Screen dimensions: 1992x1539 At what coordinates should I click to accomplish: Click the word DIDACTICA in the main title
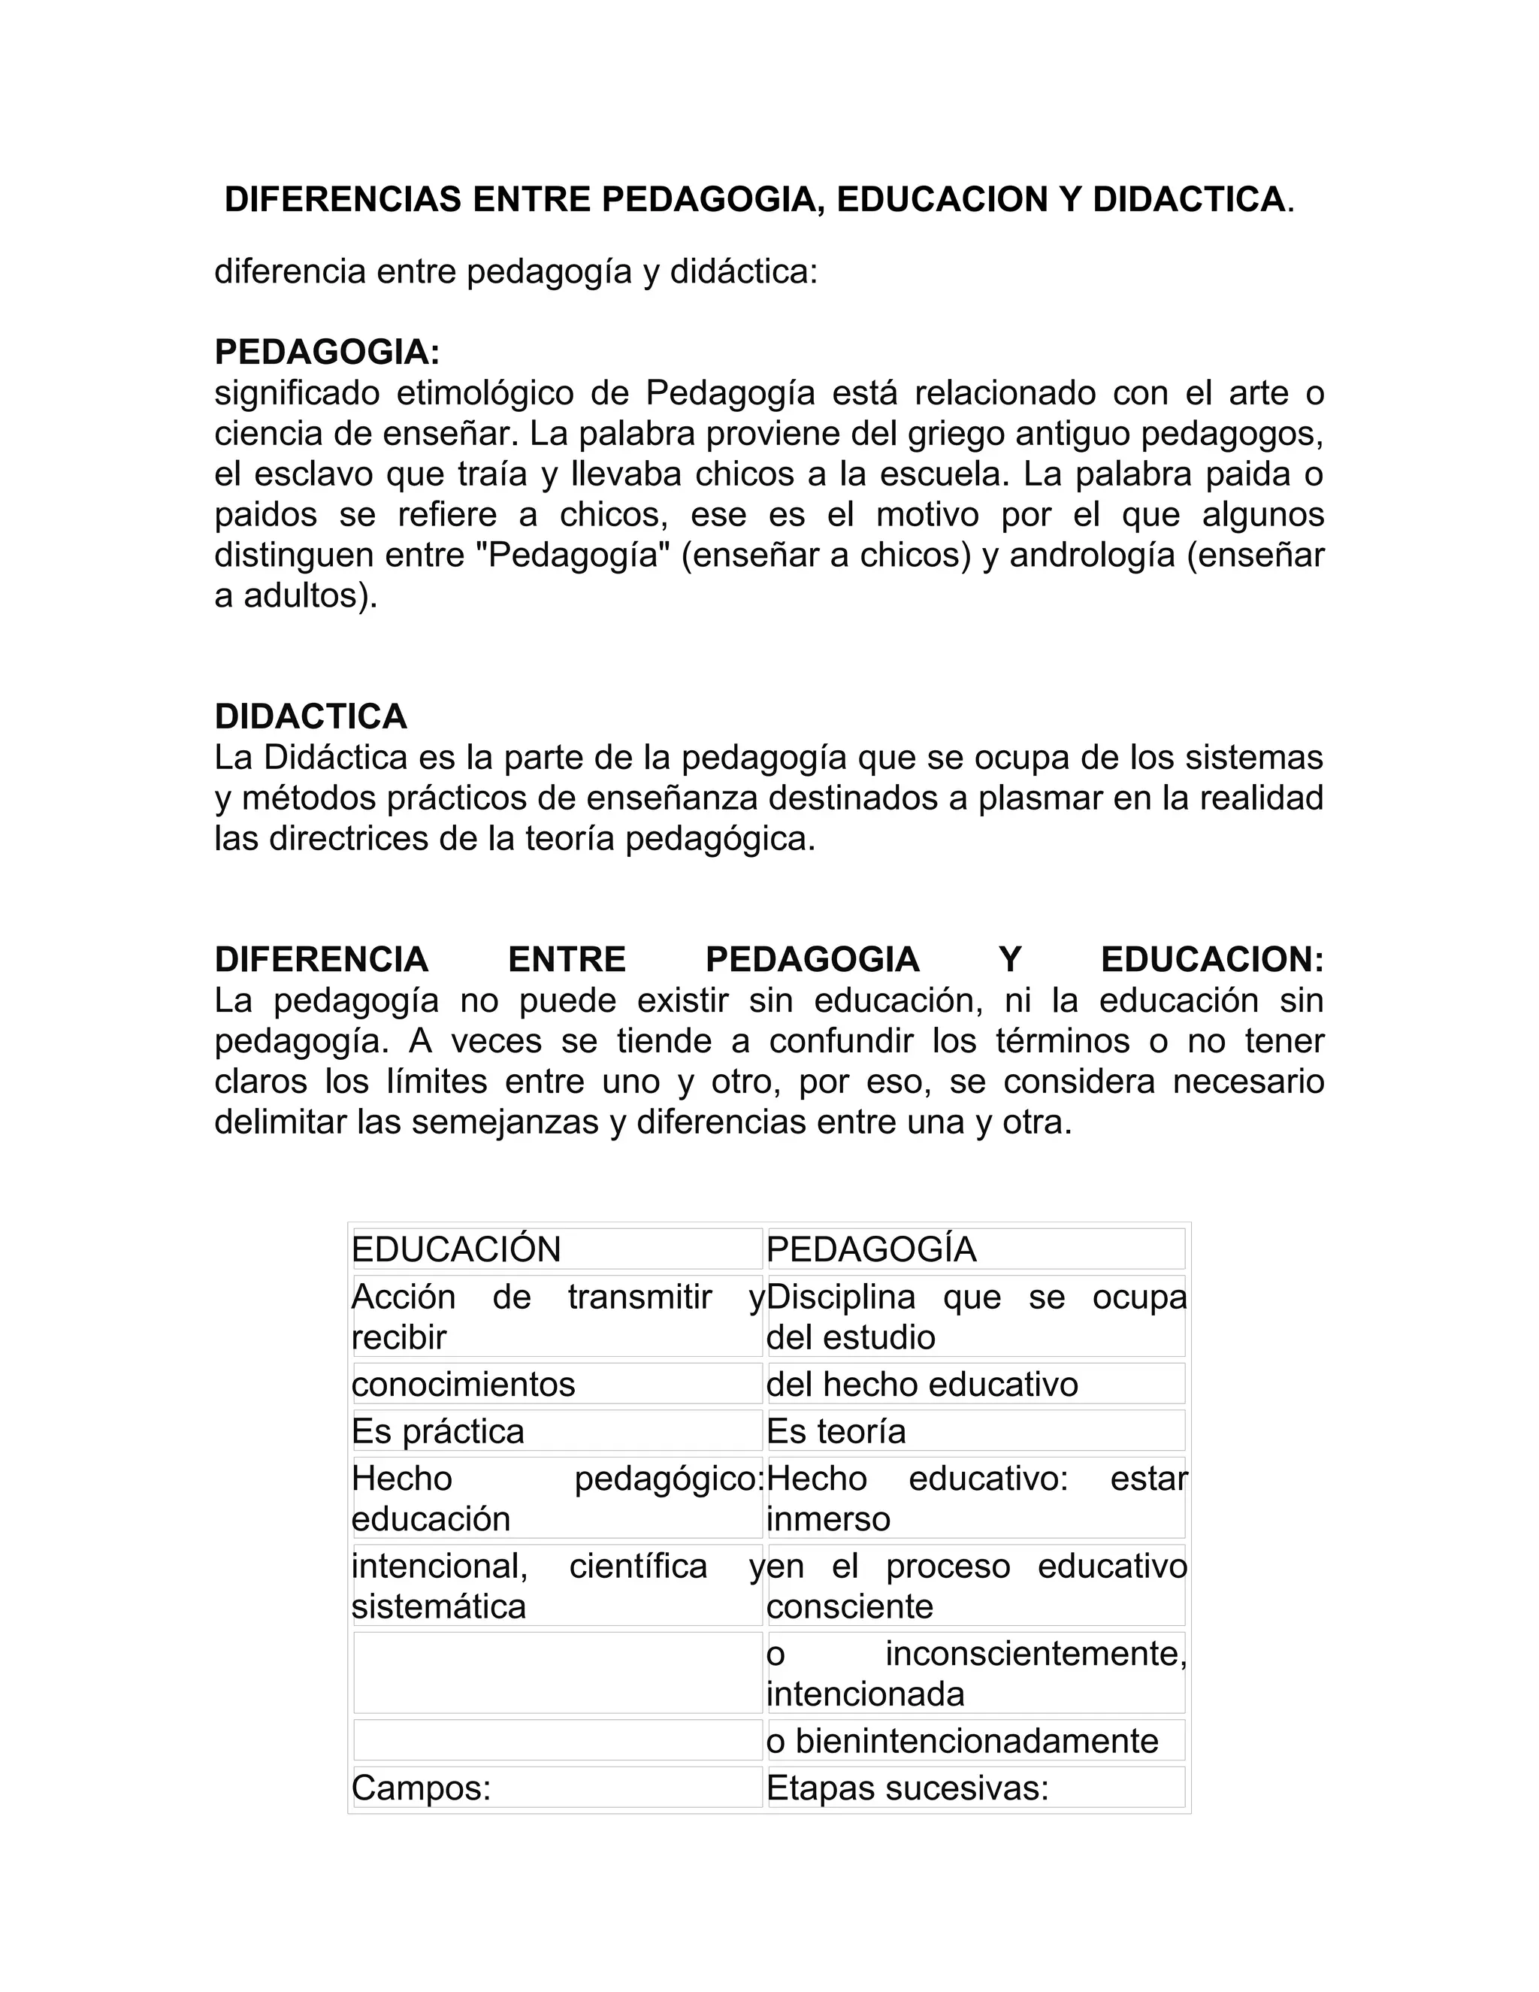coord(1188,200)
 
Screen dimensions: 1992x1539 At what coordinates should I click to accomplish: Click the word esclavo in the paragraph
coord(313,474)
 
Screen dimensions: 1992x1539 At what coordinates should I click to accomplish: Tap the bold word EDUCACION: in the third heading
coord(1211,959)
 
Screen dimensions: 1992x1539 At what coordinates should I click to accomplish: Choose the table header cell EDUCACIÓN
coord(457,1249)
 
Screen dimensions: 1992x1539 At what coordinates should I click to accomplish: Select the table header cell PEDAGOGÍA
coord(872,1249)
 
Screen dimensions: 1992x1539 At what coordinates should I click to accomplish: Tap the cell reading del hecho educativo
coord(922,1385)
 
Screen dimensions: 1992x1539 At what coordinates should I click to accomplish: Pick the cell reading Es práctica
coord(439,1431)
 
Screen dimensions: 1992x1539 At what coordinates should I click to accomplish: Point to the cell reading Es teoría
coord(836,1431)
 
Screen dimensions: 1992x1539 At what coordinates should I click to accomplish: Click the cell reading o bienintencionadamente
coord(962,1741)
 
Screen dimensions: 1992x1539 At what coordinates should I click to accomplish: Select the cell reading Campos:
coord(422,1788)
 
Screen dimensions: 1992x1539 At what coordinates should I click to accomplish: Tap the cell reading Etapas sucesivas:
coord(907,1788)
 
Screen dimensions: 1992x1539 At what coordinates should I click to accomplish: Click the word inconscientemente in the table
coord(1035,1653)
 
